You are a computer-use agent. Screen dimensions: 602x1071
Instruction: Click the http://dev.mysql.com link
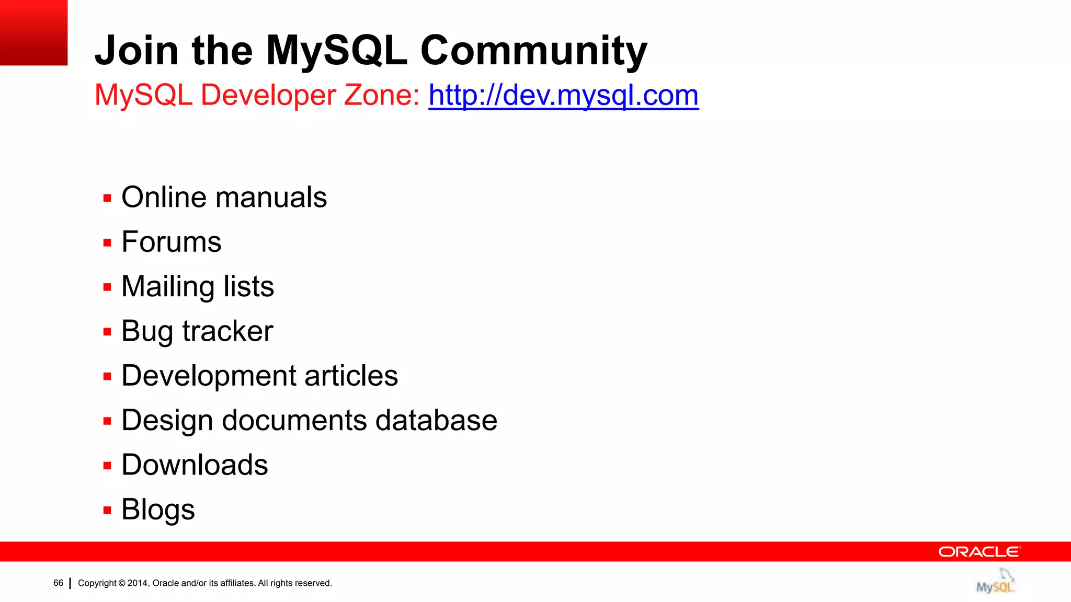pos(563,96)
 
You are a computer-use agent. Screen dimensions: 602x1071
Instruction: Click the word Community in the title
pos(534,51)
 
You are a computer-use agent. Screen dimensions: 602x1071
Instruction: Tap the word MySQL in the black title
pos(336,51)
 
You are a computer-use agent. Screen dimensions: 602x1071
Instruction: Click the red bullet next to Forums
pos(107,243)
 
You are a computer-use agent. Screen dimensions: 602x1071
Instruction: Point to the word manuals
pos(271,198)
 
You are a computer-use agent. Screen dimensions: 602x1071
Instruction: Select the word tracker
pos(227,331)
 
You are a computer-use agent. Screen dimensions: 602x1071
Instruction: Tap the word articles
pos(351,376)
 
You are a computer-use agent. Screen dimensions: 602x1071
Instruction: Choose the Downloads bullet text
pos(195,465)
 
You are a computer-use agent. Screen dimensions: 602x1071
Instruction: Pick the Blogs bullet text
pos(158,510)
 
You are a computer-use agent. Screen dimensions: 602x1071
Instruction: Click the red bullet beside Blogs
pos(107,511)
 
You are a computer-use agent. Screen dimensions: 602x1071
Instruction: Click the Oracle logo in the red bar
pos(979,552)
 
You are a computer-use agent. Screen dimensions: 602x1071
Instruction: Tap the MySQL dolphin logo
pos(996,581)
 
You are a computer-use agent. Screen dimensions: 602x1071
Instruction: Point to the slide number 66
pos(58,583)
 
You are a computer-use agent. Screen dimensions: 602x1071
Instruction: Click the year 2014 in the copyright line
pos(138,583)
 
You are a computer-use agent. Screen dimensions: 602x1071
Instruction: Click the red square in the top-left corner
pos(33,32)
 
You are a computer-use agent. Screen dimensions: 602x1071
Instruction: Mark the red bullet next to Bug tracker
pos(107,332)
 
